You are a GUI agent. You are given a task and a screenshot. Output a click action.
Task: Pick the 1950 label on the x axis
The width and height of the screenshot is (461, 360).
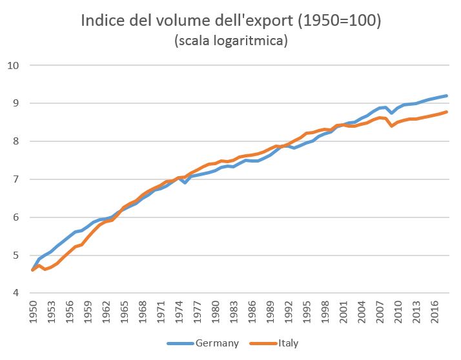click(32, 312)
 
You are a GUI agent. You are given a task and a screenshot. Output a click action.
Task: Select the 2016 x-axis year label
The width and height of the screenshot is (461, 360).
click(435, 312)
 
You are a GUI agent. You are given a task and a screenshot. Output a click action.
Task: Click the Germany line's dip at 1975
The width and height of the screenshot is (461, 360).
click(185, 183)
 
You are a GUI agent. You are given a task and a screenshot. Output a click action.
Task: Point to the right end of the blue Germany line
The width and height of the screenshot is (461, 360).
click(447, 96)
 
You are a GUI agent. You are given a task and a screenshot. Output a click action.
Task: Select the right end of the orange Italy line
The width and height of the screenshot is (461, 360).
click(447, 112)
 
